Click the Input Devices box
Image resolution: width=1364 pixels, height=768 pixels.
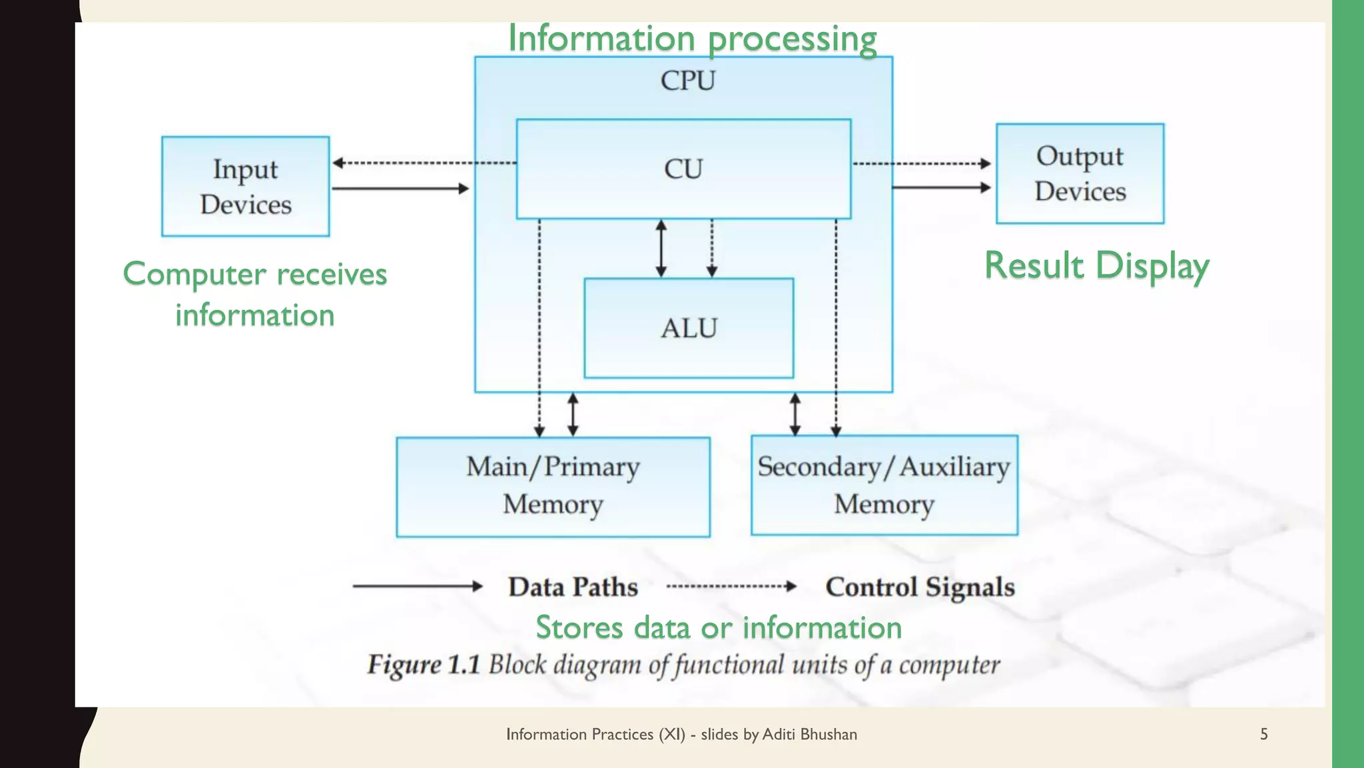coord(245,187)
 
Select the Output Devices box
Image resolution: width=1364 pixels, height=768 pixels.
coord(1080,173)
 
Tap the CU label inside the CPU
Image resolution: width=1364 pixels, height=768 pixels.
coord(683,169)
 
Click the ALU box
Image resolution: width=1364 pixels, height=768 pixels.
coord(689,328)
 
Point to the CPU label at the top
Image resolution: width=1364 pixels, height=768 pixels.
coord(687,81)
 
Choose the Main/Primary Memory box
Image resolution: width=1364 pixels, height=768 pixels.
coord(553,487)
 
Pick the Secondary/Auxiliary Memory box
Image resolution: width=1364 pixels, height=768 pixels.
coord(884,485)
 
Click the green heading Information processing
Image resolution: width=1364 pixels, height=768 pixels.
coord(692,38)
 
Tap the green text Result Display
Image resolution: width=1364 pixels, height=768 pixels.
coord(1096,265)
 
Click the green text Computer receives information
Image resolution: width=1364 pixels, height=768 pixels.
coord(255,294)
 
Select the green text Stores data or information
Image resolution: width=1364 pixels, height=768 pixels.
coord(719,627)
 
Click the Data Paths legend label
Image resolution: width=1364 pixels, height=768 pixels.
coord(573,587)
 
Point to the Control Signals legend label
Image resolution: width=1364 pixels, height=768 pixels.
coord(920,587)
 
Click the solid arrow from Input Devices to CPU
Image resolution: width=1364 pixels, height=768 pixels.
coord(400,189)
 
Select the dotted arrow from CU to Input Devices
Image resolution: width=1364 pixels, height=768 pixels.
coord(424,163)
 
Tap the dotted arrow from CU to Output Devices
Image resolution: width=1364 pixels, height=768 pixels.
coord(922,163)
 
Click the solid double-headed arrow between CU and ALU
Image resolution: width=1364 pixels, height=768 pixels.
coord(661,248)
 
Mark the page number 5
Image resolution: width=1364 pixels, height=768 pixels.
coord(1263,734)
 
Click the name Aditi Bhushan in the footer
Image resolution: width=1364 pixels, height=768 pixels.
coord(809,734)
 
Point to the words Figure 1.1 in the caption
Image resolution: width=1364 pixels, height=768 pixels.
coord(424,665)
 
